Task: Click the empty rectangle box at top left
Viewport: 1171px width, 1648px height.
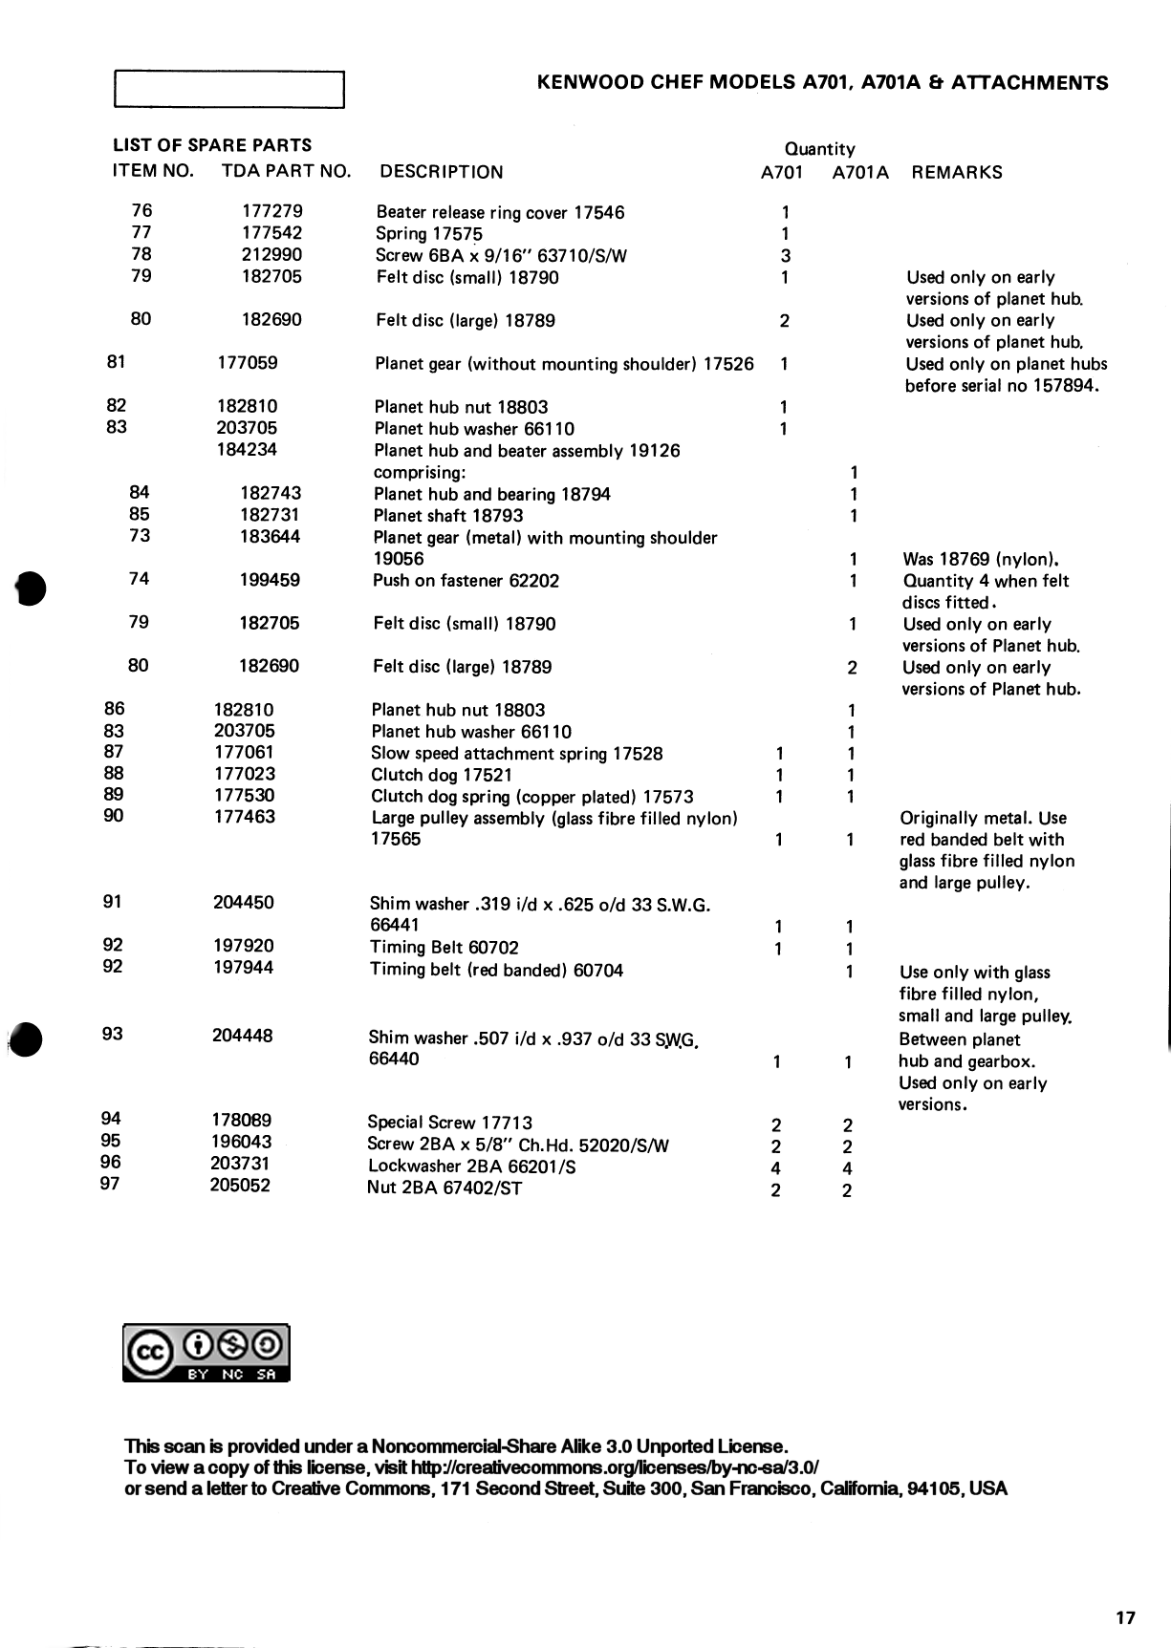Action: [228, 90]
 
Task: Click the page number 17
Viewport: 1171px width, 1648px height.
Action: [1125, 1617]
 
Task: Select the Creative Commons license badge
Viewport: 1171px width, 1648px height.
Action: [206, 1353]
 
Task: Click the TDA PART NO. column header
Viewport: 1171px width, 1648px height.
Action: [286, 172]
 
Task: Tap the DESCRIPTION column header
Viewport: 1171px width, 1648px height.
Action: [441, 172]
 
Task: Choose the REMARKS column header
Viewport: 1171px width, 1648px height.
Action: [957, 173]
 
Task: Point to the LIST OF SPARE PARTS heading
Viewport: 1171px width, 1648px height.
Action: [212, 145]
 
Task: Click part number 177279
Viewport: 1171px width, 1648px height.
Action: [271, 211]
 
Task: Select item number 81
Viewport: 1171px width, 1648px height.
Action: [117, 362]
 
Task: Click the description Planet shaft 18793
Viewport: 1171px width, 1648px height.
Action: [448, 516]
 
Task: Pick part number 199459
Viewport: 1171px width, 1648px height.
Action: [270, 580]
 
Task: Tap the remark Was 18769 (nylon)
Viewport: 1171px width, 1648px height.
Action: [981, 560]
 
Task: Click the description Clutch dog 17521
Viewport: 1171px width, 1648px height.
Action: [442, 775]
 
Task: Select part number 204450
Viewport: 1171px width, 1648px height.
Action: [244, 903]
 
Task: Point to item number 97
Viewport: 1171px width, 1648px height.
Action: [110, 1185]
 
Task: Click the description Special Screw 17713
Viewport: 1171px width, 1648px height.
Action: [449, 1123]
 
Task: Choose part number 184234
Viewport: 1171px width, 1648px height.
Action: [247, 450]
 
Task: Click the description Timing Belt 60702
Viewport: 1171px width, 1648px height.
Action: [445, 948]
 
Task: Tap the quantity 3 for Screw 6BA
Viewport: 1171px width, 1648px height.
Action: [785, 255]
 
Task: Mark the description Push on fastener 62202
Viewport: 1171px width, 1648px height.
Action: [466, 581]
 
